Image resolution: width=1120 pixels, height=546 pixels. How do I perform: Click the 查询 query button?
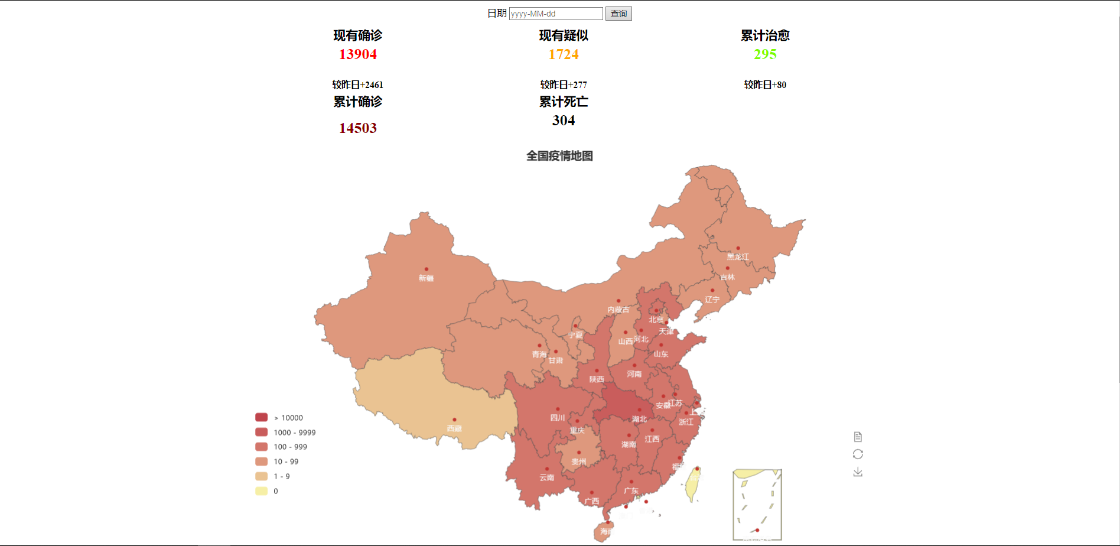point(618,14)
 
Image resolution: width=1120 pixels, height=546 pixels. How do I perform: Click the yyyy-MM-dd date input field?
point(555,14)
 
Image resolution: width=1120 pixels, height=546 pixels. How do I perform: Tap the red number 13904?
point(358,54)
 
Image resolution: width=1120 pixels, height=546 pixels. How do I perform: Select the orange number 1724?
point(564,54)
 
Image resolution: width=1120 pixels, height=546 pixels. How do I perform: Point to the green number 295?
point(765,54)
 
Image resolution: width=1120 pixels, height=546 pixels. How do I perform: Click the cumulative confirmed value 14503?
point(358,128)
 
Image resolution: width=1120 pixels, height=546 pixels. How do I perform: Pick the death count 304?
point(564,121)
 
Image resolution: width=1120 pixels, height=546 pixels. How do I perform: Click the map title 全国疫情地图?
point(559,156)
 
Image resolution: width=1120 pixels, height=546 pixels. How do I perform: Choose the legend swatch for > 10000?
point(262,418)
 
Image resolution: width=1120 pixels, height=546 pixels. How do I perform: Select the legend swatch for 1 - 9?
point(262,476)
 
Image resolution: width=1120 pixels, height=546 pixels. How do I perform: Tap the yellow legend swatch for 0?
point(262,491)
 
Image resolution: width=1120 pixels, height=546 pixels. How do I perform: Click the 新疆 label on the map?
point(426,278)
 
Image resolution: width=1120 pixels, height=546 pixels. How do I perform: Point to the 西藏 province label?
point(454,428)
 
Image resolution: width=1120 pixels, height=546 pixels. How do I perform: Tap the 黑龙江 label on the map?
point(738,257)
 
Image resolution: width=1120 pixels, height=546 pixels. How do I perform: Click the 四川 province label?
point(558,418)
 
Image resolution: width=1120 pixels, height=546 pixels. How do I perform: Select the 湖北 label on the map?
point(639,419)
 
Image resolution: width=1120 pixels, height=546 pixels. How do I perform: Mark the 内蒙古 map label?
point(618,310)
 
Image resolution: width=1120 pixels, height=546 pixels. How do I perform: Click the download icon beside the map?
point(858,472)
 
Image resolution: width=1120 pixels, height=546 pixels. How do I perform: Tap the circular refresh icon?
point(858,454)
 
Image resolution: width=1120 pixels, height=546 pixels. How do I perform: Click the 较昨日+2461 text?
point(358,85)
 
